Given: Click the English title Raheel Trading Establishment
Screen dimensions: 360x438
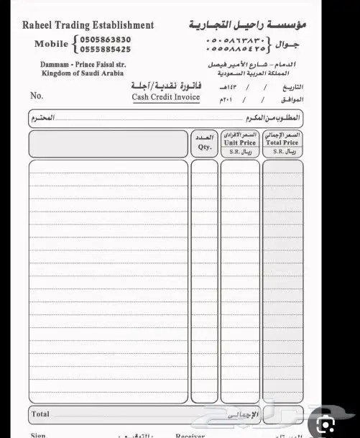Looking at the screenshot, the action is pos(88,25).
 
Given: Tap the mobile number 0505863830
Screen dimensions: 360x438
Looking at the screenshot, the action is pos(106,40).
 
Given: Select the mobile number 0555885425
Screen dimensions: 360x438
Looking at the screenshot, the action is pos(106,50).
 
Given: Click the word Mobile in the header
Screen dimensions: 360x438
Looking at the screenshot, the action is pos(52,45).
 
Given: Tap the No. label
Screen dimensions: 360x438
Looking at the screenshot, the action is pos(37,96).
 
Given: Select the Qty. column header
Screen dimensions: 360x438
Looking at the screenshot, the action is pos(204,147).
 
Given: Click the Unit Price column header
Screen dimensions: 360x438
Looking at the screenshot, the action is pos(240,143).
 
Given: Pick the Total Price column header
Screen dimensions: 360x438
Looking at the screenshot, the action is pos(282,143).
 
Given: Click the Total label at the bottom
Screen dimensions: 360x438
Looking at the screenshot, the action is pos(40,414).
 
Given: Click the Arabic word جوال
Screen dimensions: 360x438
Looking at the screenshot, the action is pos(288,45).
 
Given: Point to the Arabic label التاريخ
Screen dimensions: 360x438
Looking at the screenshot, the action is pos(291,86).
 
